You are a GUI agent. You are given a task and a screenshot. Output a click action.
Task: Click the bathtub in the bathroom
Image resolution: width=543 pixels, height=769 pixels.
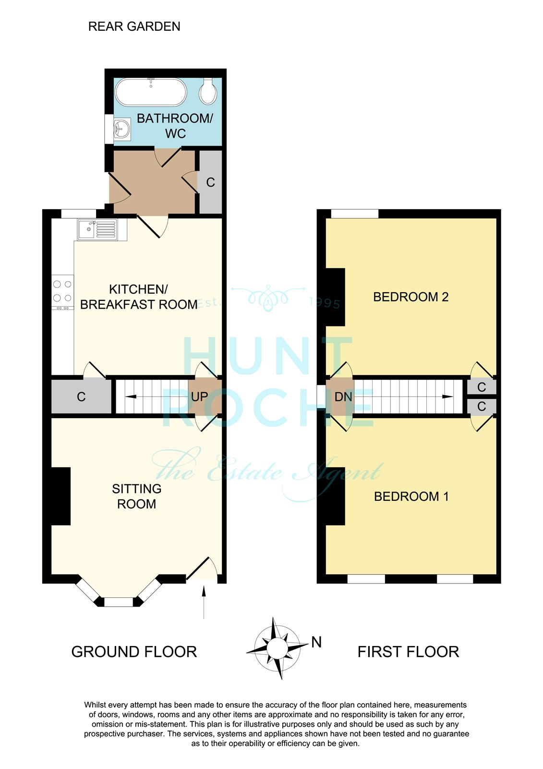(x=151, y=92)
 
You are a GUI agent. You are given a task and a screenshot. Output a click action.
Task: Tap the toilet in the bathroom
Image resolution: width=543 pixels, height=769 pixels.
(x=208, y=91)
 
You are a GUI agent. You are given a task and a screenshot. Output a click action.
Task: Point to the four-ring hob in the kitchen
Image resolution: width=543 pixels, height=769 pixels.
(x=62, y=292)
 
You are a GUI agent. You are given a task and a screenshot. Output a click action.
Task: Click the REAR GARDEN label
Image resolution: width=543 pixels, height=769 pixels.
(x=134, y=26)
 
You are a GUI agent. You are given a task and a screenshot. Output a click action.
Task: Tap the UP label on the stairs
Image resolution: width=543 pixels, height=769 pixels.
(x=199, y=397)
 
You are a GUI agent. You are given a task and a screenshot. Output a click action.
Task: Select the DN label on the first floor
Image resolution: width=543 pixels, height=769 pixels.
(x=343, y=397)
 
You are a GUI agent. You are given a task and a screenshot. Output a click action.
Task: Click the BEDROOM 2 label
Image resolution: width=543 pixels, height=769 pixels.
(x=410, y=297)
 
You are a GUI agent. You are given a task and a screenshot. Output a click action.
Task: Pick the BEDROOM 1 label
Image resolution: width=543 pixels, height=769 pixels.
(x=411, y=496)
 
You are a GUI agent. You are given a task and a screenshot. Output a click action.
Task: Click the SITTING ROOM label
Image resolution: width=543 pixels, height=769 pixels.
(x=136, y=496)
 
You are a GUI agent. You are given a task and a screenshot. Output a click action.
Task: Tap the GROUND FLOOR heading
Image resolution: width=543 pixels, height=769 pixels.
(x=134, y=652)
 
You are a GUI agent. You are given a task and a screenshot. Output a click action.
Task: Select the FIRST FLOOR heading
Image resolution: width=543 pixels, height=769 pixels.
(x=408, y=652)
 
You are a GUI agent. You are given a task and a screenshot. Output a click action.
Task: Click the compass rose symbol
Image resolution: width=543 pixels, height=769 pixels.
(x=277, y=648)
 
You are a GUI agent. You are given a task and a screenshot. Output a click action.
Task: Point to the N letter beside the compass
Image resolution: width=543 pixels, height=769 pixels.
(x=316, y=642)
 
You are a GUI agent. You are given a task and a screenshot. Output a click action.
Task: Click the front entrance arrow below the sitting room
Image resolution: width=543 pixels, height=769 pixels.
(x=204, y=603)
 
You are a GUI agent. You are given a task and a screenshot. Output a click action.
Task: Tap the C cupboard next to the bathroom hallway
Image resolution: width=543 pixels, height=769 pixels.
(x=211, y=182)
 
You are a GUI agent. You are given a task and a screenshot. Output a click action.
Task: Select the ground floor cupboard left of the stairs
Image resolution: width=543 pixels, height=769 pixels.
(x=81, y=397)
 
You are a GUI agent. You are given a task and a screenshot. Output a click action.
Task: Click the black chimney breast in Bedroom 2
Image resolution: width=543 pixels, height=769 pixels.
(x=335, y=297)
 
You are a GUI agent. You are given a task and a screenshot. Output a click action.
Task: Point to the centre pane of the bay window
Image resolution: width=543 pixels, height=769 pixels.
(x=118, y=602)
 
